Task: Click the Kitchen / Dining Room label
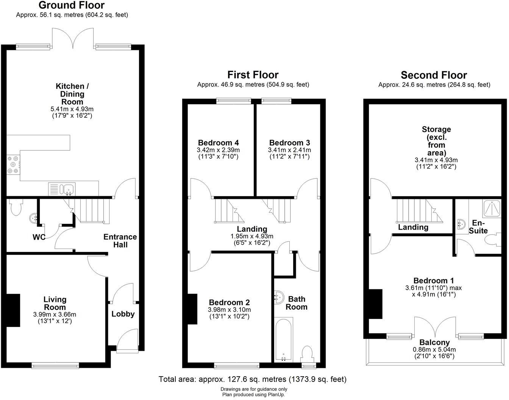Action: click(x=72, y=94)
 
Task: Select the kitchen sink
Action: click(x=69, y=188)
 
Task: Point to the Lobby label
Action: click(x=123, y=314)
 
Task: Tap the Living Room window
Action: click(x=55, y=365)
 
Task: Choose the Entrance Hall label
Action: click(x=120, y=241)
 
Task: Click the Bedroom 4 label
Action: click(x=218, y=143)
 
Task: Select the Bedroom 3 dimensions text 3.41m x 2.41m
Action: click(x=289, y=150)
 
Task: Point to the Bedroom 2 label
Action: click(x=229, y=303)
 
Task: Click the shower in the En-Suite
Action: click(x=492, y=208)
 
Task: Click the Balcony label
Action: click(x=434, y=342)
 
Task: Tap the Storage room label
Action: click(x=436, y=141)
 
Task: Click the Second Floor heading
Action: click(x=434, y=75)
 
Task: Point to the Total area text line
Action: click(x=252, y=379)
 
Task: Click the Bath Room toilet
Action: click(x=307, y=354)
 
